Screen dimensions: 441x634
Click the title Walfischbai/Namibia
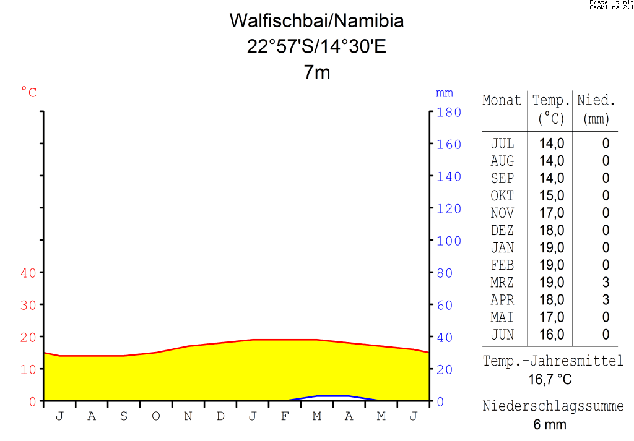pos(316,21)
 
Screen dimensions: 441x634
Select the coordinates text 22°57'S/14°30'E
pos(316,46)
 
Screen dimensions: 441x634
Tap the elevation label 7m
pos(317,72)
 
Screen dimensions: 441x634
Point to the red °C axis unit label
pos(29,93)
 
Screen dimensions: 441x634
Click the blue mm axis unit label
pos(445,93)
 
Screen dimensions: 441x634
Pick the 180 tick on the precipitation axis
pos(449,113)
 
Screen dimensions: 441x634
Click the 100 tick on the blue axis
pos(449,241)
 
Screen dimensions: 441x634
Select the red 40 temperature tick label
pos(28,273)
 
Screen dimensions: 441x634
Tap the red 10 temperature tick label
pos(28,369)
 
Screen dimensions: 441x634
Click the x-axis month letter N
pos(188,416)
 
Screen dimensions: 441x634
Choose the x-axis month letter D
pos(220,416)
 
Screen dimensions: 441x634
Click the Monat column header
pos(502,101)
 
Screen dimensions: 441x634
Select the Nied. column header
pos(596,101)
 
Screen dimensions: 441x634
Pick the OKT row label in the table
pos(502,195)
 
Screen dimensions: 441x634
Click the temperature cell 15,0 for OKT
pos(551,195)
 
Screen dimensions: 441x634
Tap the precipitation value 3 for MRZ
pos(606,283)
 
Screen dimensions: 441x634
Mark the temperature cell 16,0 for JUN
pos(551,335)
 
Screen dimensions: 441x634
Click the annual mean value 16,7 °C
pos(550,379)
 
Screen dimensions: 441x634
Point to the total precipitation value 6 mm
pos(550,425)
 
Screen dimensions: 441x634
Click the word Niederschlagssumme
pos(553,406)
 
